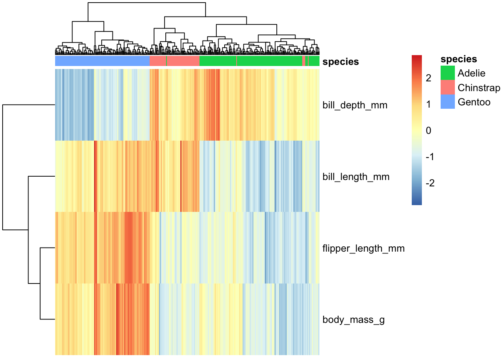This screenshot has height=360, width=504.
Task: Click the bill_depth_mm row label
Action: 355,105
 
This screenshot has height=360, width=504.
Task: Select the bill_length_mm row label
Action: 356,177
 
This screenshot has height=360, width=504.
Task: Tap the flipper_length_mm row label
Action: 363,249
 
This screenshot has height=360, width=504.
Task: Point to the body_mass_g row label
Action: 354,320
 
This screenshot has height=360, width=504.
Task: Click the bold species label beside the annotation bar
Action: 340,61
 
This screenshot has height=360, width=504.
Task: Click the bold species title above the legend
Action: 459,59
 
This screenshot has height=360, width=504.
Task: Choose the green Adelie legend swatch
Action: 447,73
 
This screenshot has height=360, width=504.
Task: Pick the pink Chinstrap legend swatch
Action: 447,87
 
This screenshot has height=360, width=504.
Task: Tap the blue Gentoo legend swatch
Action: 447,102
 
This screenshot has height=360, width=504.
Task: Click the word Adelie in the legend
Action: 471,73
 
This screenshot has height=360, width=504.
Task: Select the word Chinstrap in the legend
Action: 479,88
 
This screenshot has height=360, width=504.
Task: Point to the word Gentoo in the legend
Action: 474,102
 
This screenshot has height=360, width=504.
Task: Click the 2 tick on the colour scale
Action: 428,78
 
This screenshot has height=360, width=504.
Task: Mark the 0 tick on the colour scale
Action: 428,130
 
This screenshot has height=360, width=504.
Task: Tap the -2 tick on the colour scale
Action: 430,183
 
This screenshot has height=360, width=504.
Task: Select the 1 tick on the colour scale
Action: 428,104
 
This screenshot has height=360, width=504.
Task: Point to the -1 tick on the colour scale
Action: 430,157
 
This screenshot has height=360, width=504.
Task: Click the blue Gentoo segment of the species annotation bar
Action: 102,61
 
